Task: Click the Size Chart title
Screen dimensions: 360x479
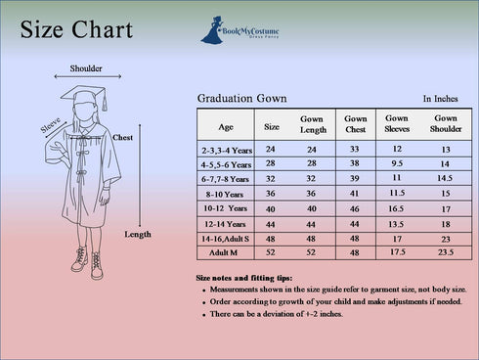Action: pos(76,30)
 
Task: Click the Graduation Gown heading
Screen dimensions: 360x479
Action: pos(241,99)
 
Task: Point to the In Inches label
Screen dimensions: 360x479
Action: pos(440,99)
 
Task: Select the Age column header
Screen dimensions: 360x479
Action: pos(226,126)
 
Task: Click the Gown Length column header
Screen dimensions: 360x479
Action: pos(313,124)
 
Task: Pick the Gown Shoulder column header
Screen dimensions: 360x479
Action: pos(445,123)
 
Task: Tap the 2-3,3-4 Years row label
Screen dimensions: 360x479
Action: pos(227,151)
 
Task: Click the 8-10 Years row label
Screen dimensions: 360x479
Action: pos(226,195)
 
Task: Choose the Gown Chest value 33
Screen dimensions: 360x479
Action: pos(355,149)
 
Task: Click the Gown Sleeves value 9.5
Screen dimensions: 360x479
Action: pos(398,163)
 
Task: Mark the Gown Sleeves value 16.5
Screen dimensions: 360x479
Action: pos(397,208)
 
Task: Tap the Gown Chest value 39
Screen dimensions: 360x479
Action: pos(355,179)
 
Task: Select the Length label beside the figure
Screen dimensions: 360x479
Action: pos(138,235)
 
